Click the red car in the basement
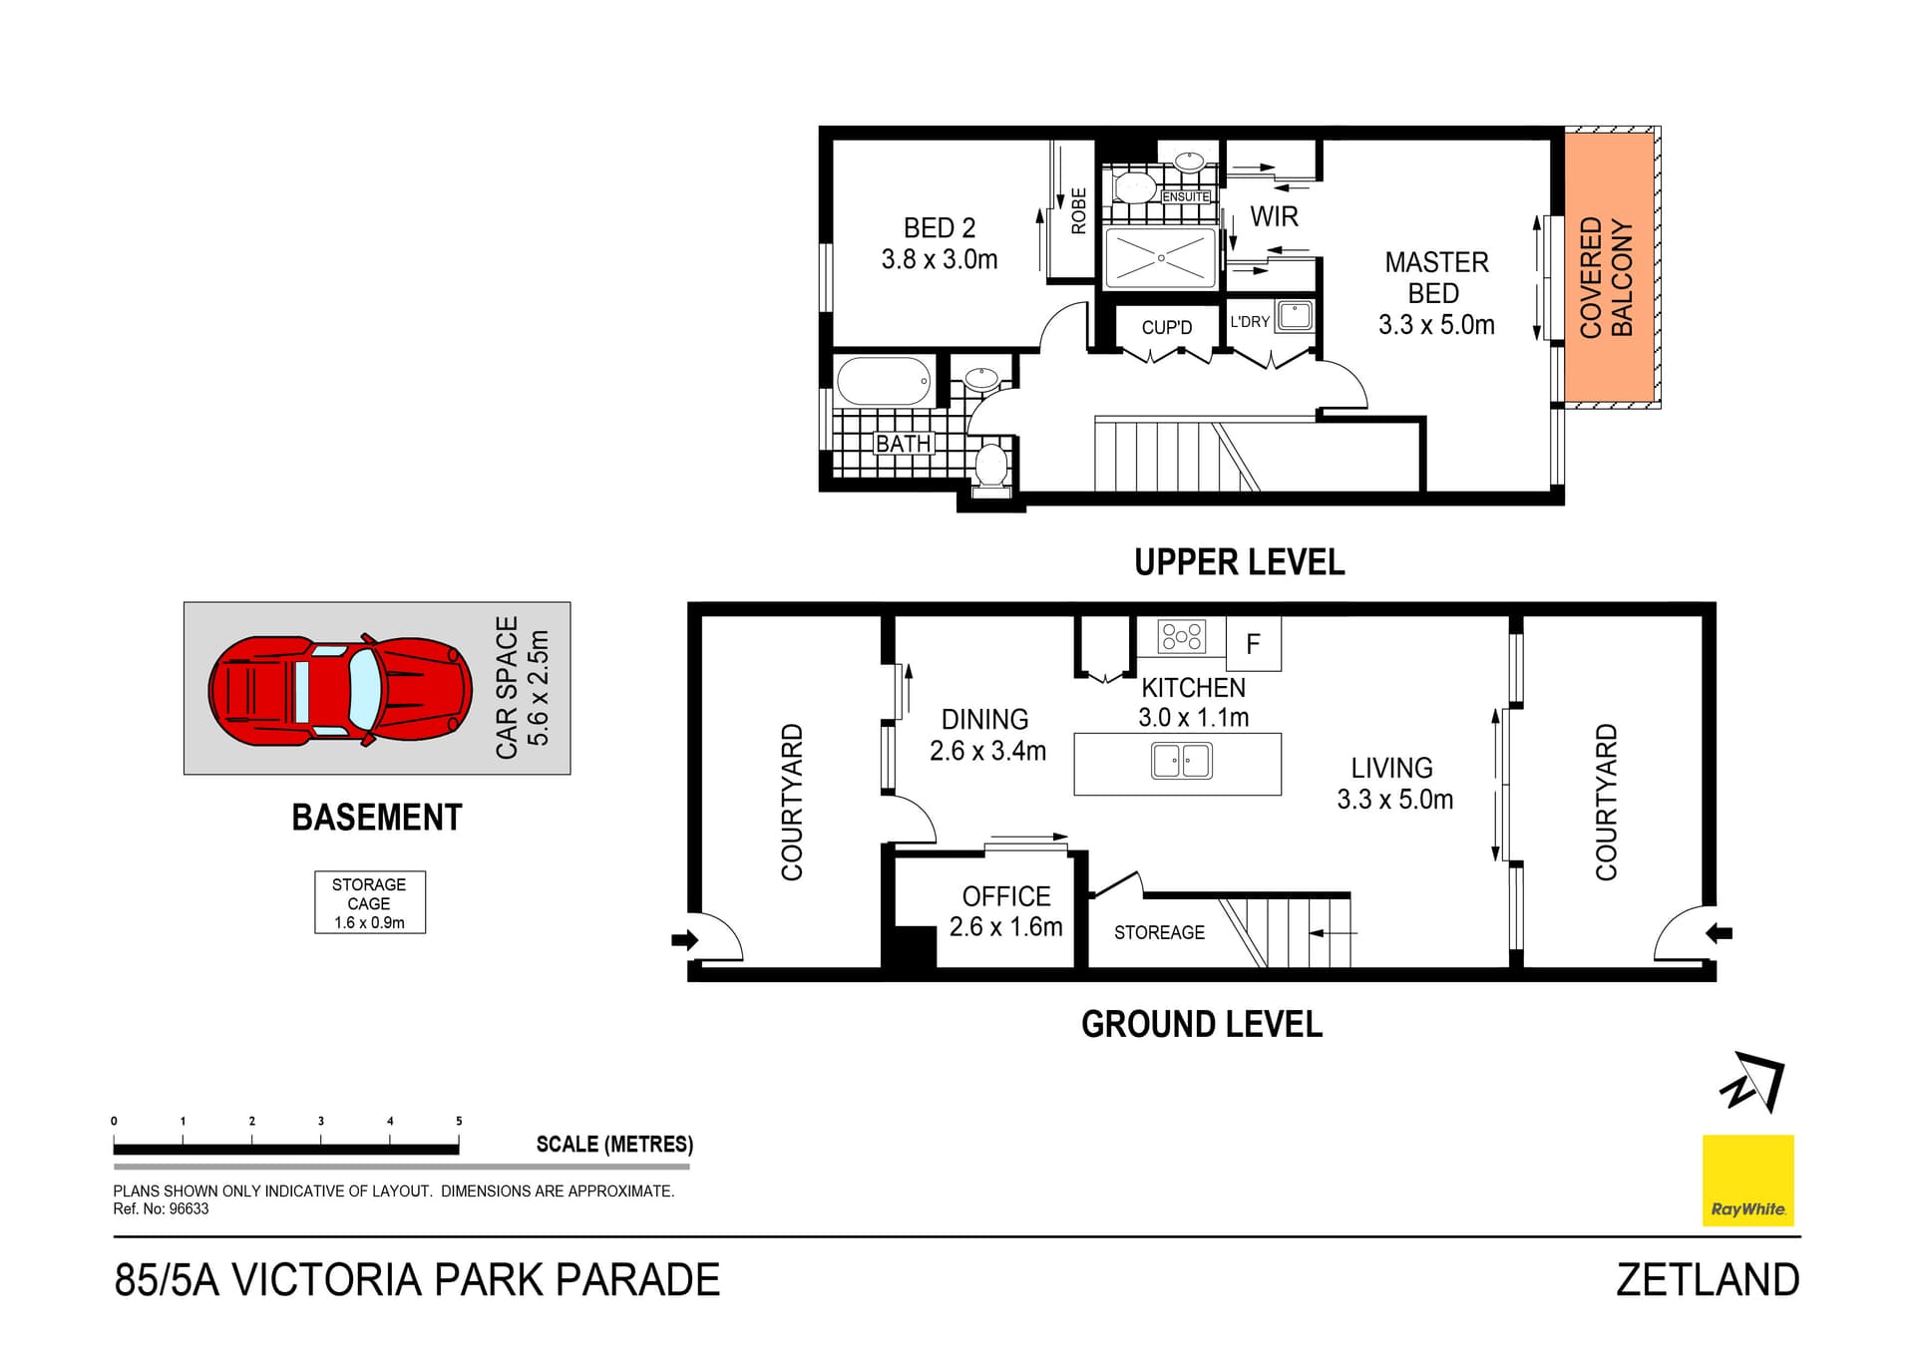pyautogui.click(x=339, y=690)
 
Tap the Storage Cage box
pyautogui.click(x=370, y=902)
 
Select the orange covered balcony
pyautogui.click(x=1609, y=269)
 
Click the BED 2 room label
pyautogui.click(x=940, y=243)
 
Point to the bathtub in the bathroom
pyautogui.click(x=884, y=381)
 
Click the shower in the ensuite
pyautogui.click(x=1161, y=258)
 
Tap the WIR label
pyautogui.click(x=1274, y=216)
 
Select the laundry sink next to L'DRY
pyautogui.click(x=1295, y=316)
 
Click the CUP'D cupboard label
pyautogui.click(x=1166, y=327)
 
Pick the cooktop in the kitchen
pyautogui.click(x=1182, y=636)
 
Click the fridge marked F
pyautogui.click(x=1253, y=644)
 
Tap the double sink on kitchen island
pyautogui.click(x=1182, y=762)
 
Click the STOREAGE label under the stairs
pyautogui.click(x=1159, y=932)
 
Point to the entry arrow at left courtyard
pyautogui.click(x=684, y=939)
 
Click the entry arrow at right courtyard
pyautogui.click(x=1719, y=933)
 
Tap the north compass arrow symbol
pyautogui.click(x=1753, y=1081)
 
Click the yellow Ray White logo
pyautogui.click(x=1747, y=1180)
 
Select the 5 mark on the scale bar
pyautogui.click(x=459, y=1122)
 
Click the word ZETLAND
pyautogui.click(x=1708, y=1280)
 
